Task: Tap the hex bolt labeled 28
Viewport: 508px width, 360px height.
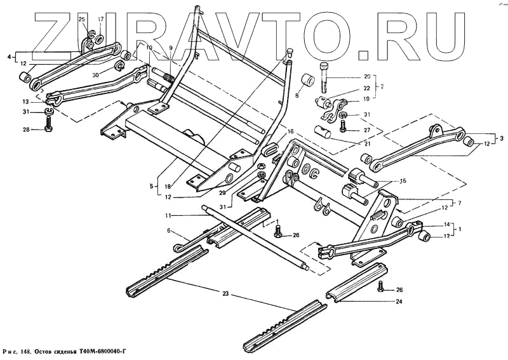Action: click(49, 130)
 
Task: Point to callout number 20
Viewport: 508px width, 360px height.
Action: click(367, 76)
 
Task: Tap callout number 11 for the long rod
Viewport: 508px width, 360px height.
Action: click(168, 217)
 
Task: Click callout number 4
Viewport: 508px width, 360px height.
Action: click(9, 57)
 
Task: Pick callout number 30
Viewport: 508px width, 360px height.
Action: click(95, 74)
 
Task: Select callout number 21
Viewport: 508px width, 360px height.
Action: click(366, 144)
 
